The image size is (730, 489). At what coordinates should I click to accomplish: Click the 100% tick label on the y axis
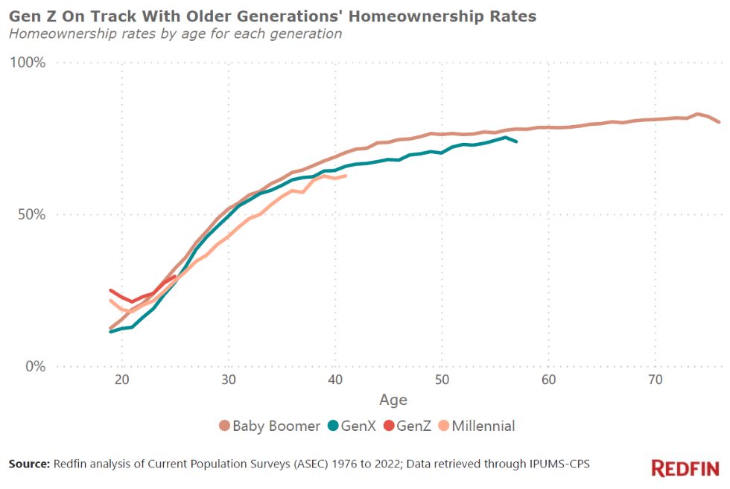28,63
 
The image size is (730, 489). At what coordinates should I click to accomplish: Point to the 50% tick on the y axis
31,214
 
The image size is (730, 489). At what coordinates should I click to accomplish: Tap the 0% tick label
35,366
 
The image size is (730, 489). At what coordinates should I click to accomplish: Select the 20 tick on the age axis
122,380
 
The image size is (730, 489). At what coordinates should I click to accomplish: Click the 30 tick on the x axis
229,380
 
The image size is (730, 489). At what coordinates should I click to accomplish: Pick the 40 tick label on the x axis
335,380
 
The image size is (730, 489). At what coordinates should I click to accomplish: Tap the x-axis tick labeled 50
442,380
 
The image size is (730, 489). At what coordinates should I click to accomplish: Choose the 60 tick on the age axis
549,380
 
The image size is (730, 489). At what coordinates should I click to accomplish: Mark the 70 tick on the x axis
656,380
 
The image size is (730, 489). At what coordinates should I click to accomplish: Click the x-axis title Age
393,400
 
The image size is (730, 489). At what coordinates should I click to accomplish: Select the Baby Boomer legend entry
267,426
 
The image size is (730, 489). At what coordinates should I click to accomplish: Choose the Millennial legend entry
482,426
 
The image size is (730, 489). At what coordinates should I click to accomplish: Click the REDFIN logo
685,468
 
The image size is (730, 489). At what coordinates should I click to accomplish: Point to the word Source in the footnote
29,464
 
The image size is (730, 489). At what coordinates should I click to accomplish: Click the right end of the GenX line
516,141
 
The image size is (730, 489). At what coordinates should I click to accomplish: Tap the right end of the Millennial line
346,176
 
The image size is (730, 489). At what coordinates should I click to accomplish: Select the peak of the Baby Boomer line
698,114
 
